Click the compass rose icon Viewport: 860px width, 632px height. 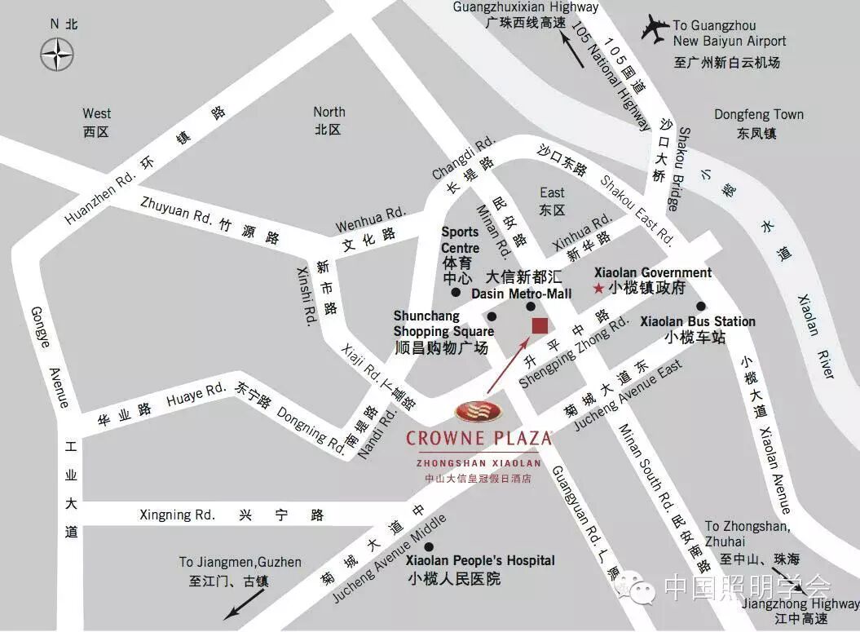pyautogui.click(x=58, y=55)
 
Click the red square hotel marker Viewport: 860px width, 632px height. pyautogui.click(x=540, y=326)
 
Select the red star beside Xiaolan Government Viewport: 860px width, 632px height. pyautogui.click(x=598, y=288)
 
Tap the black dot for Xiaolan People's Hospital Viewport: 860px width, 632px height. pyautogui.click(x=429, y=546)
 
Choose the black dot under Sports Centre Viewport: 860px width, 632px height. pyautogui.click(x=455, y=292)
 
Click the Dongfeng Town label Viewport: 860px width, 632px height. pyautogui.click(x=758, y=115)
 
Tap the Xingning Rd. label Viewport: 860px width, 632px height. pyautogui.click(x=177, y=515)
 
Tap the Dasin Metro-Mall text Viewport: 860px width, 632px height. pyautogui.click(x=522, y=294)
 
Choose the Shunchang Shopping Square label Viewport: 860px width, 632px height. pyautogui.click(x=443, y=324)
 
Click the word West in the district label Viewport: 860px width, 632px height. pyautogui.click(x=96, y=113)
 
